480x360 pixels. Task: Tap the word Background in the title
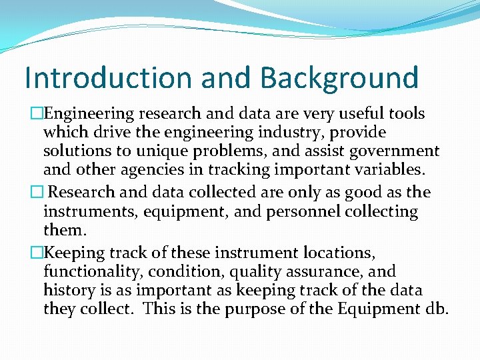339,77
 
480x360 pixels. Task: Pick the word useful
351,114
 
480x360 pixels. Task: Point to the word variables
387,171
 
